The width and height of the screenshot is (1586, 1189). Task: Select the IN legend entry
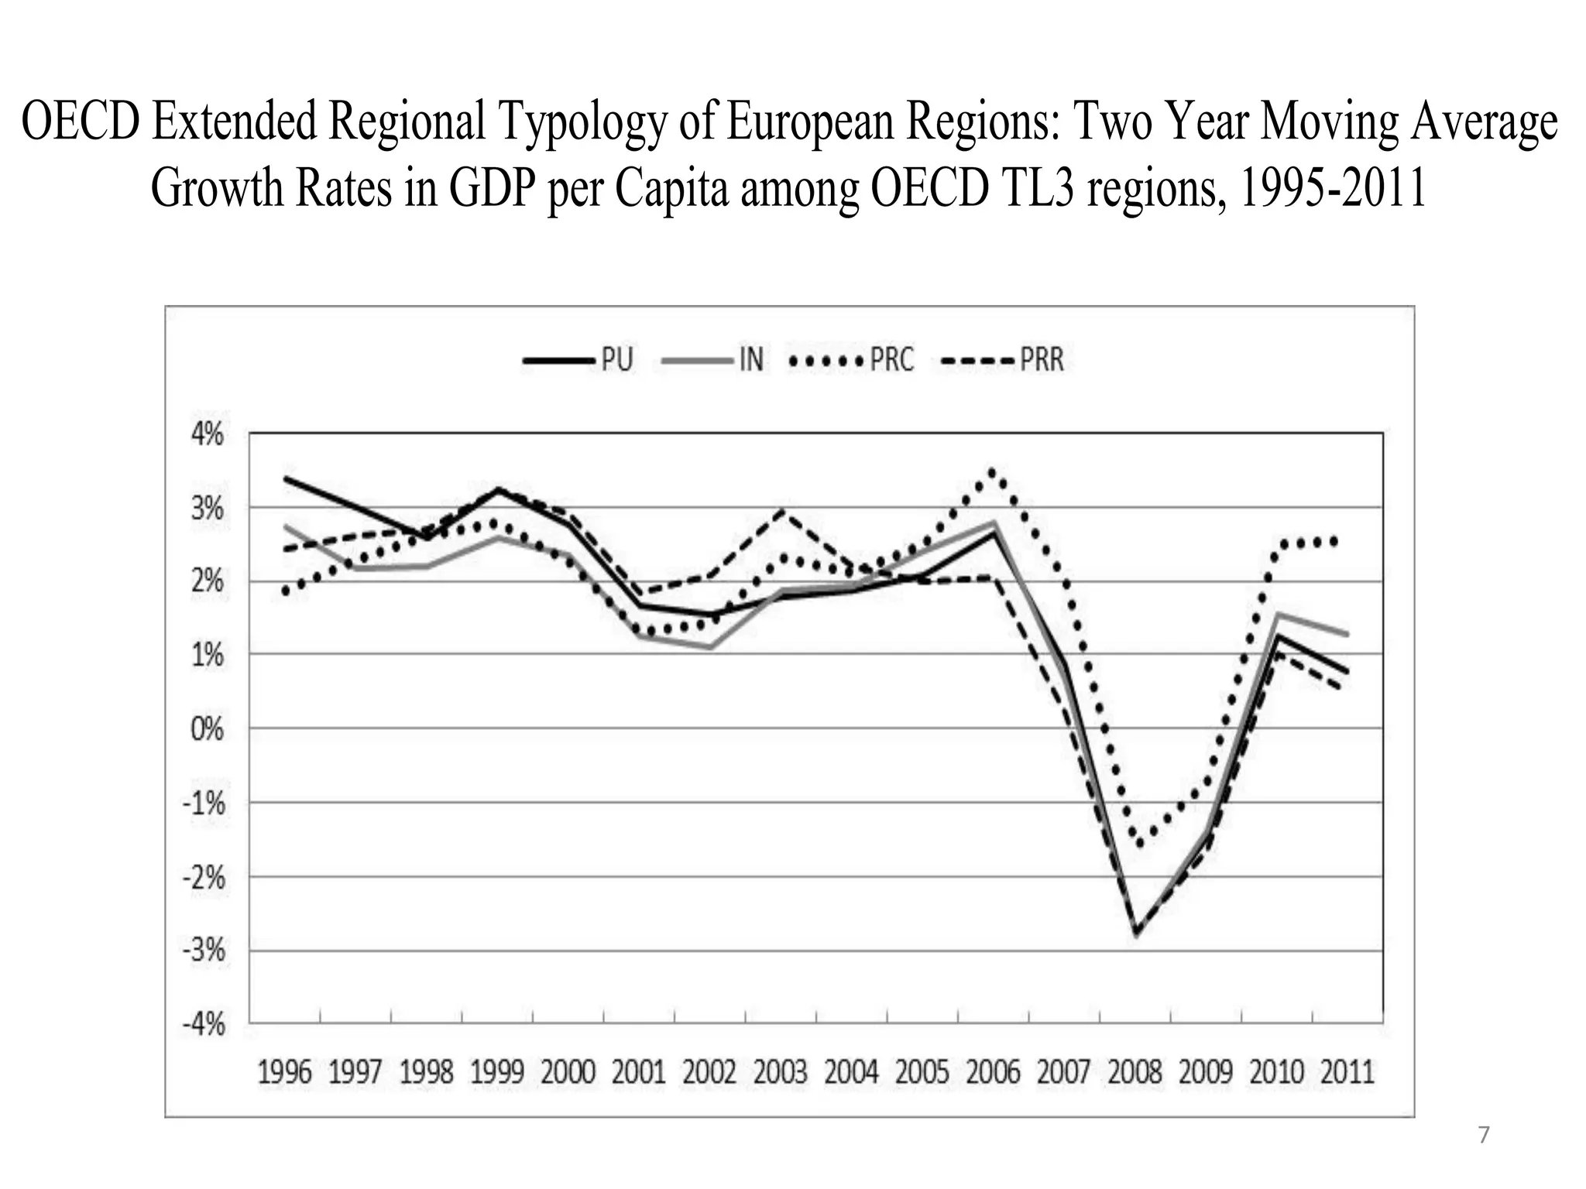(x=712, y=360)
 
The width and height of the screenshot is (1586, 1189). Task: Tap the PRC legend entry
(x=850, y=360)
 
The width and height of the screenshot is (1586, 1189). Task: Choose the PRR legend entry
(x=1002, y=360)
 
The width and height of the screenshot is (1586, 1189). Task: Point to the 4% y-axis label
(x=208, y=434)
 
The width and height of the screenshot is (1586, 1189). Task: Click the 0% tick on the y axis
(x=208, y=728)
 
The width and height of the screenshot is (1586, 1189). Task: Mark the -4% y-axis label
(x=204, y=1024)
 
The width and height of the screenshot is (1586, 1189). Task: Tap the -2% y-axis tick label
(x=204, y=877)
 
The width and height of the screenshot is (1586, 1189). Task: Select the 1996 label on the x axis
(x=284, y=1073)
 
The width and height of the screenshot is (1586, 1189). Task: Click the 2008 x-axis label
(x=1135, y=1073)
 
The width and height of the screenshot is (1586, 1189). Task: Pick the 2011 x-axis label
(x=1347, y=1073)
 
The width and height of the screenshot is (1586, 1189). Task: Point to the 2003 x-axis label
(x=781, y=1073)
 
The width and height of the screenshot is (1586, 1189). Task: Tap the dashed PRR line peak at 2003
(x=782, y=510)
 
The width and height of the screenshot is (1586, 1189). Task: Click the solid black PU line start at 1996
(x=286, y=478)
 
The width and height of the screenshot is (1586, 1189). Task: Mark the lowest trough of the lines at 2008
(x=1136, y=934)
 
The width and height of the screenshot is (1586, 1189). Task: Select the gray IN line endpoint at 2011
(x=1347, y=634)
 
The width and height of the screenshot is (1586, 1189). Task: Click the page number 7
(x=1483, y=1136)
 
